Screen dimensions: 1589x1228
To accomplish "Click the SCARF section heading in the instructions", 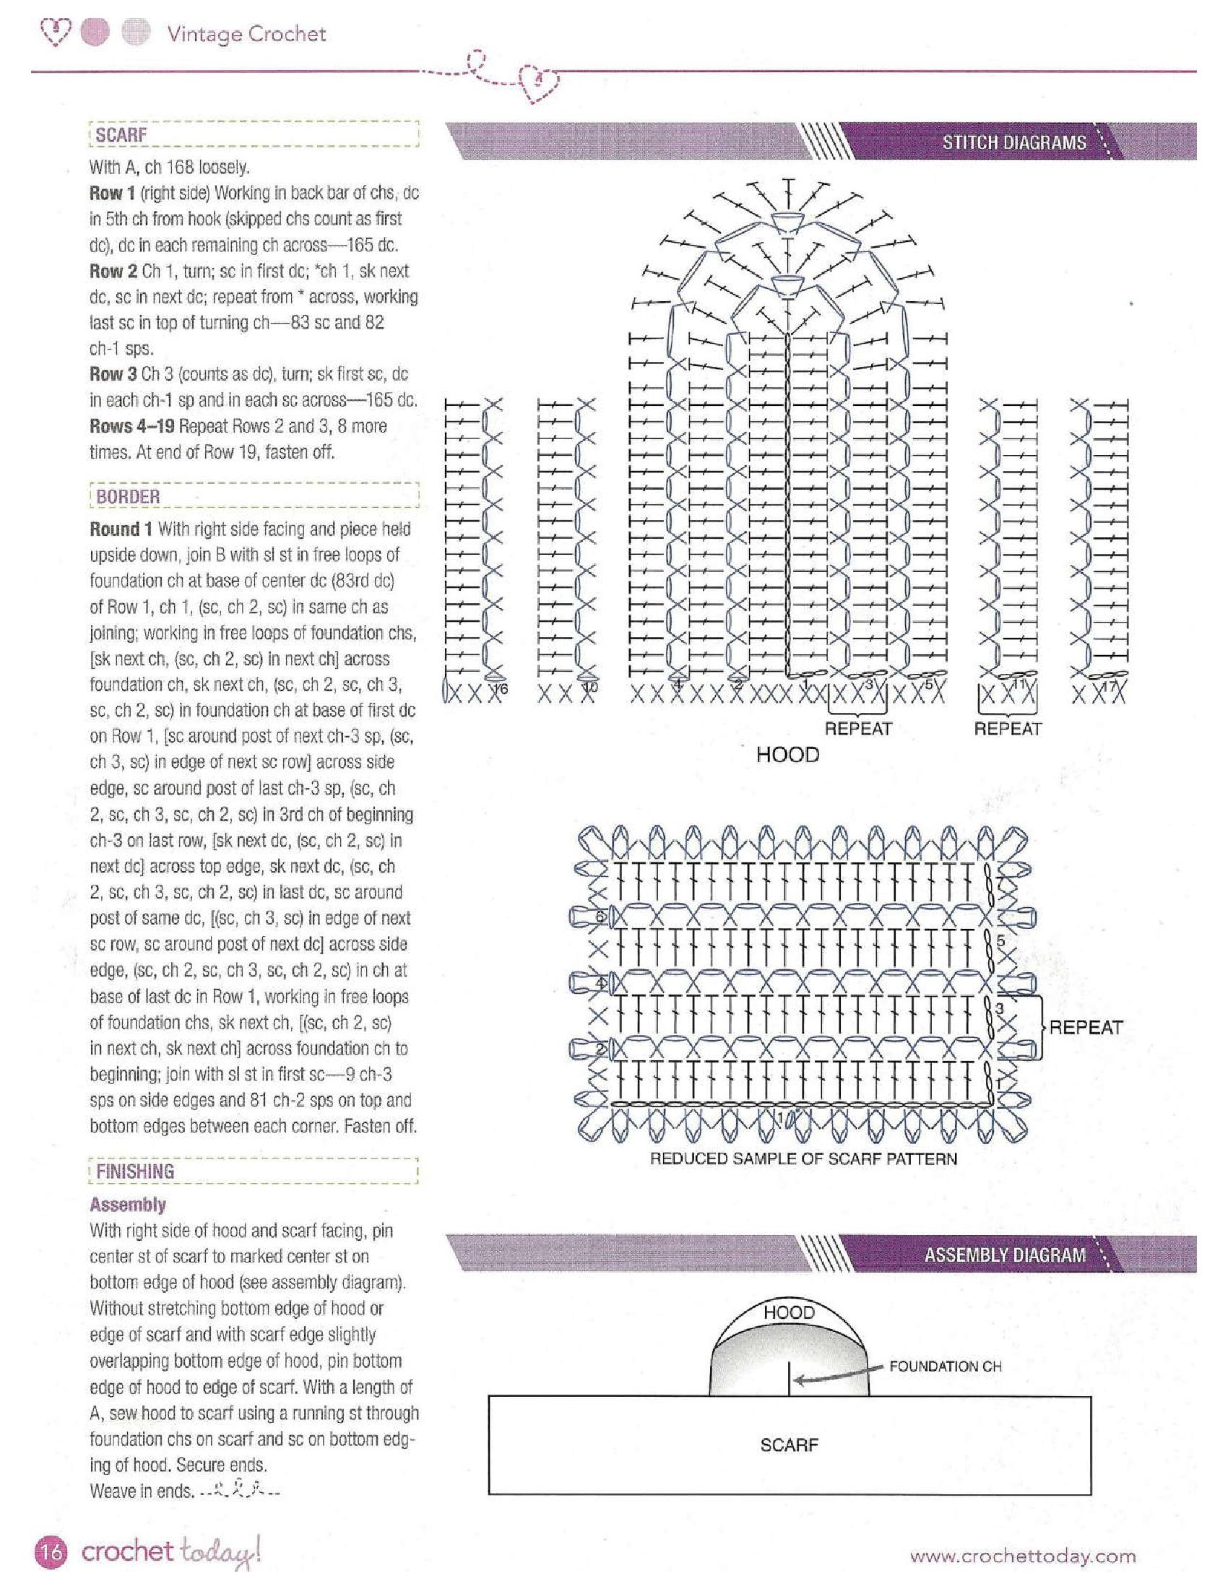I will point(121,135).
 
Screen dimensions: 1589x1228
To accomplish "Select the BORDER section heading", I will point(127,497).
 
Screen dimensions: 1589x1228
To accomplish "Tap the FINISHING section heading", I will point(134,1172).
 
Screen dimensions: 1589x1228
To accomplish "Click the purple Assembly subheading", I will point(127,1205).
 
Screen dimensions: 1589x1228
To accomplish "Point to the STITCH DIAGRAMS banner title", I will point(1013,142).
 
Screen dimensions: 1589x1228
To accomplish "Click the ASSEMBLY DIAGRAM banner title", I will point(1005,1255).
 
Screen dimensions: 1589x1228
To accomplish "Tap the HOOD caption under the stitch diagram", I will point(787,755).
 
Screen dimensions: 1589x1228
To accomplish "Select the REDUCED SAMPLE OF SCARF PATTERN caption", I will point(803,1159).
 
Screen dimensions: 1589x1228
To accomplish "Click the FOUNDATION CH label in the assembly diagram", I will point(945,1367).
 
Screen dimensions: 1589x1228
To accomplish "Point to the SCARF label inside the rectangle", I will point(789,1445).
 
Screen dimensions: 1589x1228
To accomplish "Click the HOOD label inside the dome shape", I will point(789,1312).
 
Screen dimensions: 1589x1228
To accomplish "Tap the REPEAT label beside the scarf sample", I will point(1086,1027).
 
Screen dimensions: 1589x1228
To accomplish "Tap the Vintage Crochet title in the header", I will point(246,34).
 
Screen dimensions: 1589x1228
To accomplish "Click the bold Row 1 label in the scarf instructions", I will point(111,194).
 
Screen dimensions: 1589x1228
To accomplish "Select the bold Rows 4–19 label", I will point(131,425).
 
